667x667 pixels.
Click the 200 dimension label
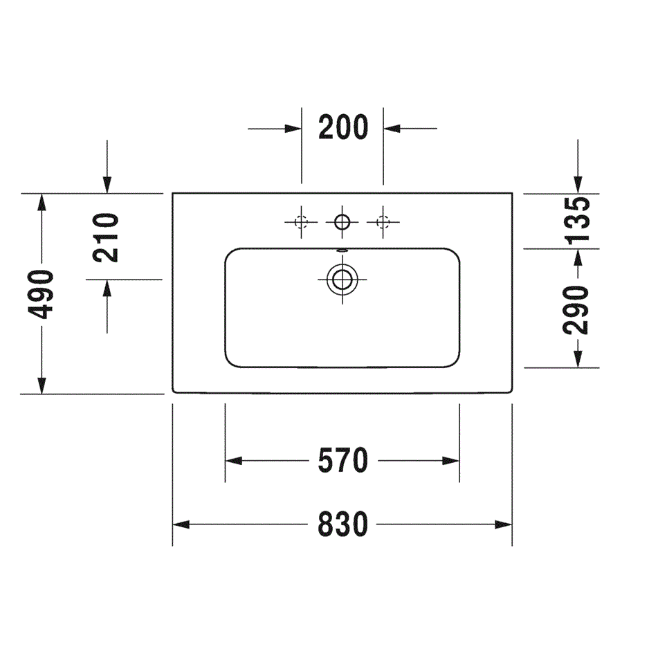(343, 127)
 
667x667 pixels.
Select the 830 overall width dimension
(343, 524)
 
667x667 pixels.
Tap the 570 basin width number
(343, 460)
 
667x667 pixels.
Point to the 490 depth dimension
(41, 294)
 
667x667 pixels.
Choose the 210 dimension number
(105, 237)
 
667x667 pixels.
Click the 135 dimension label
(577, 220)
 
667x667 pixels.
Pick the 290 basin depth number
(576, 310)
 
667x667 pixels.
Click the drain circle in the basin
(342, 280)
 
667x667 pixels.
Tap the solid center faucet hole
(342, 222)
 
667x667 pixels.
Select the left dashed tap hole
(301, 222)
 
